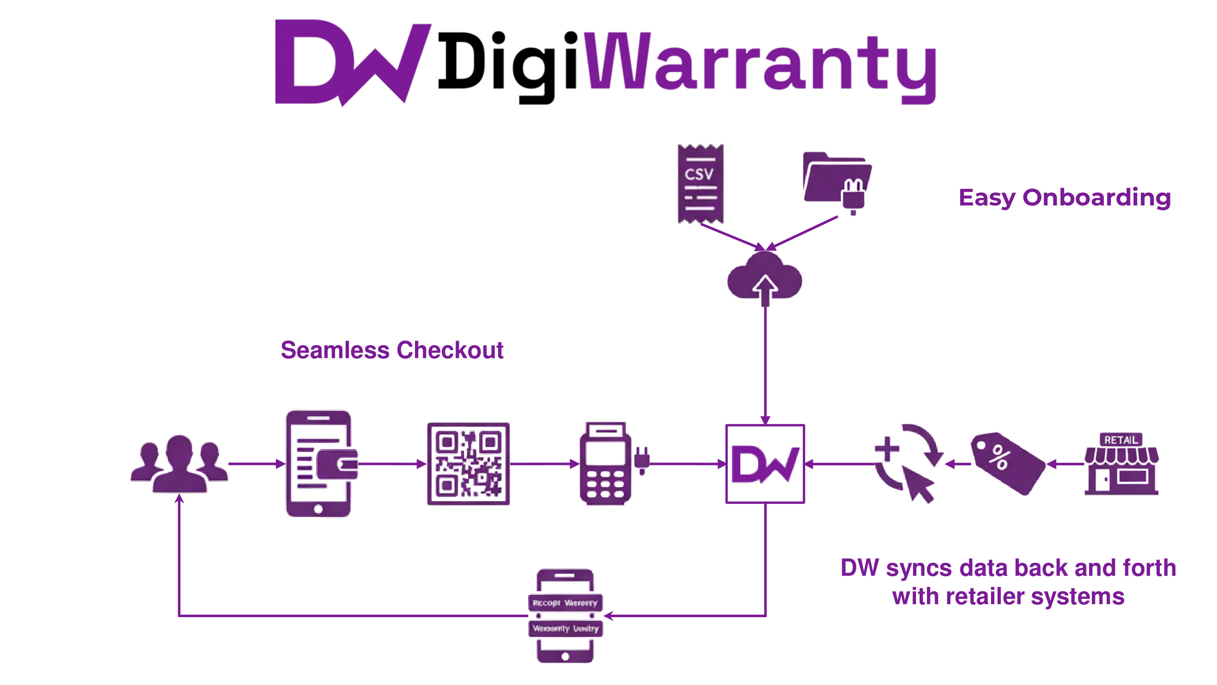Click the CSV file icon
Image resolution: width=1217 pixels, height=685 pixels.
tap(700, 184)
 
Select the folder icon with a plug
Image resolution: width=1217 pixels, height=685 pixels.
tap(836, 181)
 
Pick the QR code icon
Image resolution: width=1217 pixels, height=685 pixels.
tap(468, 463)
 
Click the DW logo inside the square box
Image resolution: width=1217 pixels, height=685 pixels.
tap(765, 464)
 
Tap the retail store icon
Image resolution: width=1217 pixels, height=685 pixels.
tap(1121, 463)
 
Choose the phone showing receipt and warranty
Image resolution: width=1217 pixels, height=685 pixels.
tap(565, 616)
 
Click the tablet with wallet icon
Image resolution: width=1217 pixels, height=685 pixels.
tap(320, 463)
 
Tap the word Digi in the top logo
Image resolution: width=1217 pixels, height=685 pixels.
tap(508, 64)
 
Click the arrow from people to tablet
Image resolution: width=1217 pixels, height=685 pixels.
tap(256, 464)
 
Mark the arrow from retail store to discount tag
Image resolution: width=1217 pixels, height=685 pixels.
tap(1065, 464)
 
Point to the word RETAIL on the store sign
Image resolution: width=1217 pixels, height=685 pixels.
tap(1120, 440)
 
